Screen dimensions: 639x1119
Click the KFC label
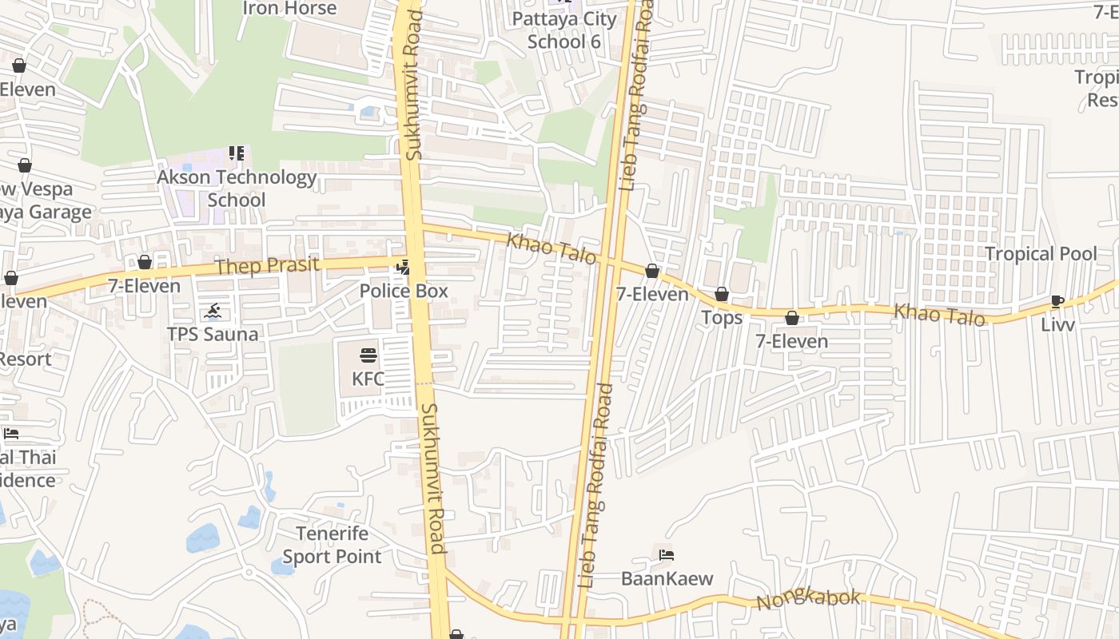pyautogui.click(x=368, y=379)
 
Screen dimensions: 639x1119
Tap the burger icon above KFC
pyautogui.click(x=368, y=355)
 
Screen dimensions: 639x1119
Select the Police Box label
pyautogui.click(x=404, y=291)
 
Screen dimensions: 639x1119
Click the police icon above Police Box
pyautogui.click(x=404, y=267)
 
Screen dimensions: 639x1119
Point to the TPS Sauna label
pyautogui.click(x=213, y=334)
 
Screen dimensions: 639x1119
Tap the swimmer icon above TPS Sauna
pyautogui.click(x=213, y=311)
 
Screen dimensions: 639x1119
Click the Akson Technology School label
pyautogui.click(x=237, y=189)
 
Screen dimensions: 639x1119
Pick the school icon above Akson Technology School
pyautogui.click(x=237, y=153)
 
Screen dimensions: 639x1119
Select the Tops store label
pyautogui.click(x=722, y=318)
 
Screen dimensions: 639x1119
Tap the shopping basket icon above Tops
pyautogui.click(x=722, y=295)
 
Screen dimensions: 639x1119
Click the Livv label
pyautogui.click(x=1057, y=325)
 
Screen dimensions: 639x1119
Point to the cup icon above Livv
pyautogui.click(x=1057, y=302)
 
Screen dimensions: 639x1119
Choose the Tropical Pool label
pyautogui.click(x=1041, y=254)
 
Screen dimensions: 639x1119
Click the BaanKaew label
pyautogui.click(x=667, y=578)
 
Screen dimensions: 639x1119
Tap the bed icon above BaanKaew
pyautogui.click(x=667, y=555)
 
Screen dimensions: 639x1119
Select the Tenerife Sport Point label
pyautogui.click(x=332, y=545)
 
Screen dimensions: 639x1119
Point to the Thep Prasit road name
pyautogui.click(x=267, y=266)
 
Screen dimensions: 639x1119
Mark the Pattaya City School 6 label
pyautogui.click(x=564, y=30)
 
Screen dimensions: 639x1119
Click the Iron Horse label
pyautogui.click(x=289, y=8)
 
